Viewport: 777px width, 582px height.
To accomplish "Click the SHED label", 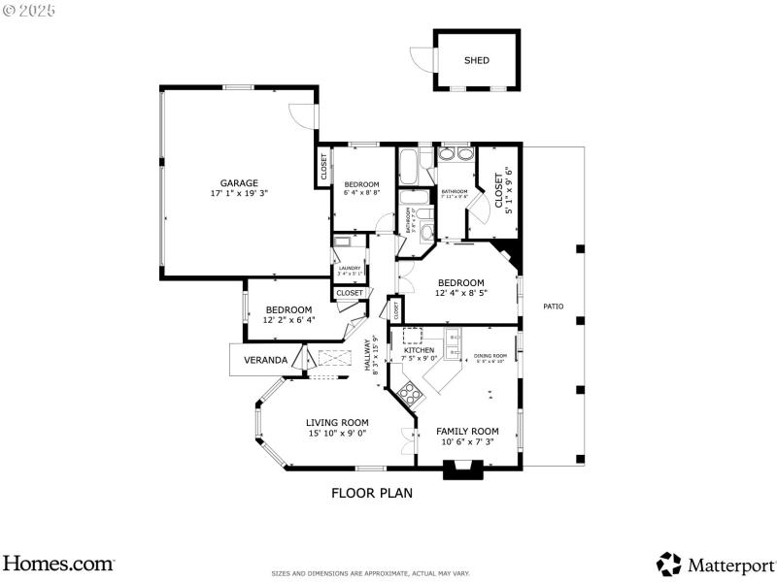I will [x=476, y=60].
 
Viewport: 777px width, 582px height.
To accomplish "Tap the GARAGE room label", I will [x=238, y=183].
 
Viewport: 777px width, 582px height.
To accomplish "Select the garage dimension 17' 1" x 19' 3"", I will [x=238, y=194].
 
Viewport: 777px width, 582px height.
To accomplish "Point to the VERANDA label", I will [x=265, y=360].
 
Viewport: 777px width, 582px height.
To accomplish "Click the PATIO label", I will [x=553, y=307].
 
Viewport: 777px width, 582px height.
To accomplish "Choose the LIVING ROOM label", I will [x=337, y=422].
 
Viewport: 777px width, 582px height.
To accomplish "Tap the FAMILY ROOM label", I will [x=467, y=431].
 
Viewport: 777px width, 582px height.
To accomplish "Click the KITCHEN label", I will [x=420, y=350].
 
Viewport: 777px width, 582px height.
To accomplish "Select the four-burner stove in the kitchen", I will [x=410, y=394].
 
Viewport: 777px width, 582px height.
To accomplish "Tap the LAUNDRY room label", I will [x=350, y=268].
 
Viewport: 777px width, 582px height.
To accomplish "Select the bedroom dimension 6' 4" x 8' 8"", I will [x=362, y=193].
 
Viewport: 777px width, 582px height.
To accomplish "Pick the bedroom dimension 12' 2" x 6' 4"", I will [x=288, y=319].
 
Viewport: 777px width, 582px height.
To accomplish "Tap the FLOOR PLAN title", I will [x=372, y=493].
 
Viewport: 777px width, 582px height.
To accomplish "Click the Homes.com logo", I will [x=58, y=563].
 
